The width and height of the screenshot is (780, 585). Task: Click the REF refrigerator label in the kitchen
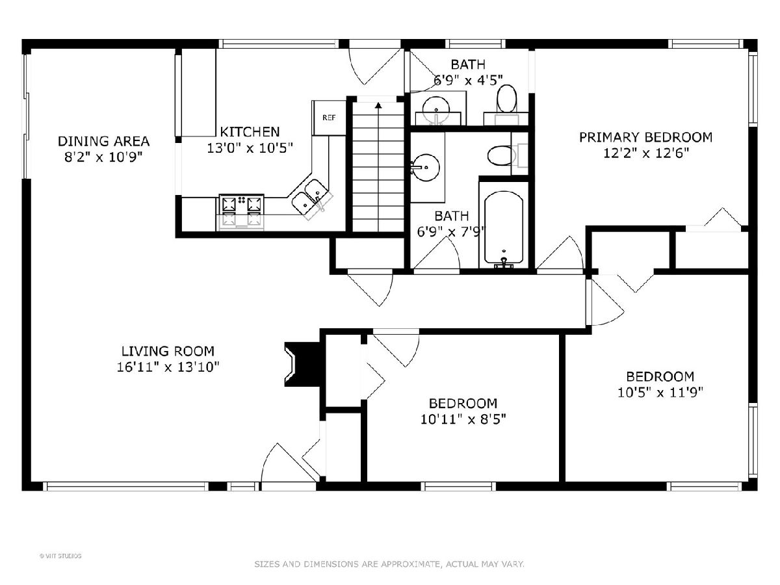(329, 118)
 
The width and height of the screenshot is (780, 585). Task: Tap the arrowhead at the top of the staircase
(378, 105)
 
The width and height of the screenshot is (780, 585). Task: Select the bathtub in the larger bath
(504, 229)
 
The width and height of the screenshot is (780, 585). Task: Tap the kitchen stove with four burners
(241, 211)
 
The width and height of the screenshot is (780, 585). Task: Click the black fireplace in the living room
(303, 364)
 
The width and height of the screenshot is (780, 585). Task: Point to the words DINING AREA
(103, 141)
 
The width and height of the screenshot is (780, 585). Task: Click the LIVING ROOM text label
(168, 351)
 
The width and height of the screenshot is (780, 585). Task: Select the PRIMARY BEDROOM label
(645, 137)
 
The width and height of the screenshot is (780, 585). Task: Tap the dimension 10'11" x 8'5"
(463, 419)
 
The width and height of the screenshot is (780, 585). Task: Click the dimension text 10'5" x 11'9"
(660, 393)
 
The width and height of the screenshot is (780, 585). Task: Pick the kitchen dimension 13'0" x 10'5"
(250, 148)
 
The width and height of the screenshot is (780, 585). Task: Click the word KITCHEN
(250, 132)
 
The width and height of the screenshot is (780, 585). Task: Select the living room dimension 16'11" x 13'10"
(168, 367)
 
